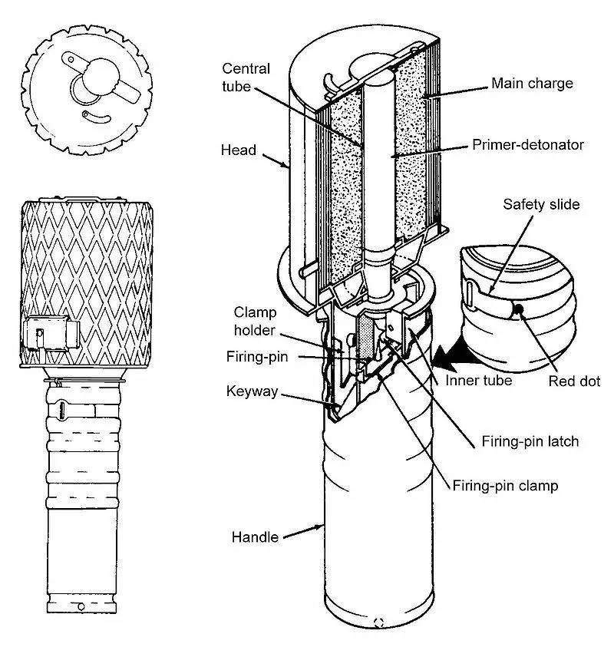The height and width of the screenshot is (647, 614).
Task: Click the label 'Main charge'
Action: [532, 84]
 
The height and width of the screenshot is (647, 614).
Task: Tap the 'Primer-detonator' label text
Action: [528, 145]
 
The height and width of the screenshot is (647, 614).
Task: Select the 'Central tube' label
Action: [246, 78]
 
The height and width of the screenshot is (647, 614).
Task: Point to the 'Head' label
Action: [239, 150]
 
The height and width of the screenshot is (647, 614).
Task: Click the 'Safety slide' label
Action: [541, 204]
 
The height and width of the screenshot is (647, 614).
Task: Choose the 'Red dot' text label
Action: [574, 381]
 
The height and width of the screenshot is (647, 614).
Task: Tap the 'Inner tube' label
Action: [478, 380]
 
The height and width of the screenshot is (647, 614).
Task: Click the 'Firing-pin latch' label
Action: [530, 441]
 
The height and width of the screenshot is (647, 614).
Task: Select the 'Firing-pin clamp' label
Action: [505, 486]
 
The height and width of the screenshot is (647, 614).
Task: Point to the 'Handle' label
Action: [255, 537]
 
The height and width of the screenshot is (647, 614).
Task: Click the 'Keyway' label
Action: [252, 391]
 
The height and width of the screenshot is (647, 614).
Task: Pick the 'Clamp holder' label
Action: [255, 321]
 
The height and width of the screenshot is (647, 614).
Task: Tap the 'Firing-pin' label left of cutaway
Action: [256, 357]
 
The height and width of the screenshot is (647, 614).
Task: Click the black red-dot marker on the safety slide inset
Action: [519, 309]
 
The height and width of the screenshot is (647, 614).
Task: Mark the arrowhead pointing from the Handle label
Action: [319, 527]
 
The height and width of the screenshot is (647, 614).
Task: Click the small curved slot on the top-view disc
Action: [97, 117]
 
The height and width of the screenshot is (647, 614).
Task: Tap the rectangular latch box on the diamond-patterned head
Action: [51, 333]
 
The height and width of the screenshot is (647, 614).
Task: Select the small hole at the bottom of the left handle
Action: [81, 606]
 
